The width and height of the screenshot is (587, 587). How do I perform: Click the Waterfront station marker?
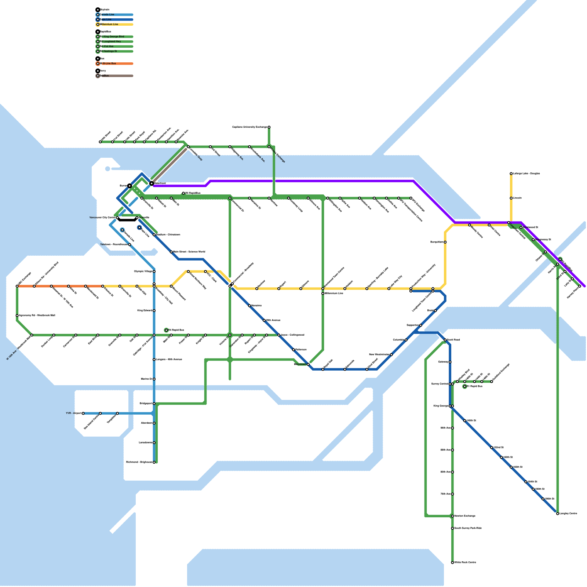[x=152, y=183]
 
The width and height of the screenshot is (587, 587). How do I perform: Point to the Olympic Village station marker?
[x=154, y=271]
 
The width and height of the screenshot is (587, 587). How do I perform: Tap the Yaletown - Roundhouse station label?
[x=114, y=244]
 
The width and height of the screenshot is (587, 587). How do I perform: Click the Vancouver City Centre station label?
[x=102, y=218]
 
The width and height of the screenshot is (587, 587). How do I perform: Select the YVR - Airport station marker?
[x=83, y=413]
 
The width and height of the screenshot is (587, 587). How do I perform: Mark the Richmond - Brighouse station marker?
[x=154, y=462]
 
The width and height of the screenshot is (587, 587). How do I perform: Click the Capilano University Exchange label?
[x=249, y=127]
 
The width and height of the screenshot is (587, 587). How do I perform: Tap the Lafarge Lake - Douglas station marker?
[x=511, y=174]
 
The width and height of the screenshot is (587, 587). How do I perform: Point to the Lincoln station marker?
[x=511, y=198]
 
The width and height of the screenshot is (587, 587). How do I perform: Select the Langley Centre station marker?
[x=558, y=514]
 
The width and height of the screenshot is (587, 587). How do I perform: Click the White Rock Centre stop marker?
[x=452, y=562]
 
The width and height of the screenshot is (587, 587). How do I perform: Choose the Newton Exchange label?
[x=465, y=516]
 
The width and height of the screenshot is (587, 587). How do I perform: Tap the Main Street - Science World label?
[x=189, y=252]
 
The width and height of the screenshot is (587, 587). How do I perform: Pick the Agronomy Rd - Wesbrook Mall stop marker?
[x=17, y=316]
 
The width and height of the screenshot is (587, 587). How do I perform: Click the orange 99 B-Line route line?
[x=59, y=286]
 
